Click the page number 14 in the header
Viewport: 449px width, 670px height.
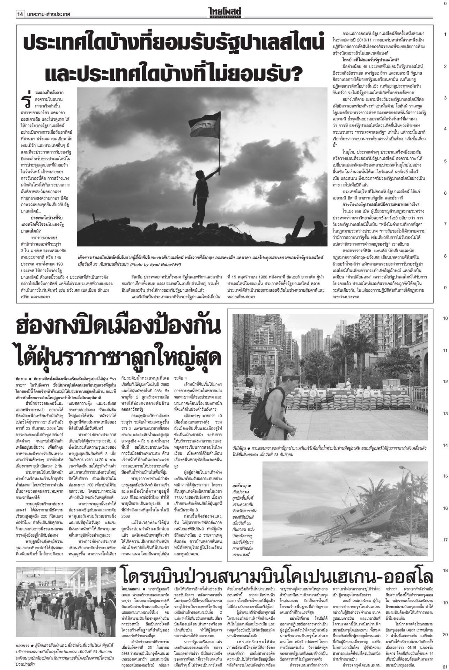coord(20,5)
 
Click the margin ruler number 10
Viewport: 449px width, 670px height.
coord(445,319)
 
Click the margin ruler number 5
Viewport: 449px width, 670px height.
coord(445,161)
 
